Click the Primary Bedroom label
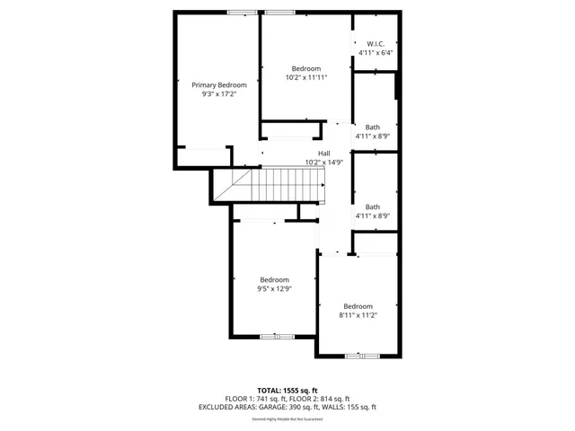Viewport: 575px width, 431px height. click(x=219, y=85)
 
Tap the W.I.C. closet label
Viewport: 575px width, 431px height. click(x=376, y=44)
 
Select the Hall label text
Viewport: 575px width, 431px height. click(x=323, y=154)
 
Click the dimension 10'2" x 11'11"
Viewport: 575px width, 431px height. click(x=306, y=77)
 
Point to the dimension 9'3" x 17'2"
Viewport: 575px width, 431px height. click(x=219, y=93)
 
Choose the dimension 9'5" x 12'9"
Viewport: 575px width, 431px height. click(x=275, y=288)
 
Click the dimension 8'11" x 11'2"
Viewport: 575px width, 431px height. click(x=358, y=314)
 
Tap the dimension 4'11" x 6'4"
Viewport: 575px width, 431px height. click(x=376, y=53)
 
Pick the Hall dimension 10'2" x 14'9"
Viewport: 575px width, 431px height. click(x=323, y=163)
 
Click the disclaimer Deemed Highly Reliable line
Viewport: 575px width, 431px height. click(x=287, y=418)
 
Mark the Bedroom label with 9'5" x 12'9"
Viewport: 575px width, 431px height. click(x=275, y=279)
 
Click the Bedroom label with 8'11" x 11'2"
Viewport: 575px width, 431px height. click(x=358, y=305)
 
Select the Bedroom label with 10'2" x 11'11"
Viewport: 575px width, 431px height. click(x=306, y=68)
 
